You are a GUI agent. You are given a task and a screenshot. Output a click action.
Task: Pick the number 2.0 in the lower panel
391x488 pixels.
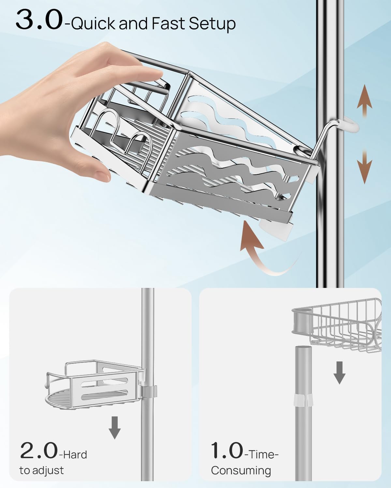click(38, 451)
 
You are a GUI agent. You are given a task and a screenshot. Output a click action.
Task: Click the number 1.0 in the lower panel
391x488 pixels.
click(227, 451)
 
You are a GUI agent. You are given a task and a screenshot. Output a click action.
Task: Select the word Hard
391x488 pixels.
click(75, 454)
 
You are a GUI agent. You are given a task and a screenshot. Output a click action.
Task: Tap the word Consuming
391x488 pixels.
click(241, 470)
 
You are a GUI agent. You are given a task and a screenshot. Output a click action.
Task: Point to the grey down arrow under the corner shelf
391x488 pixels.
click(115, 428)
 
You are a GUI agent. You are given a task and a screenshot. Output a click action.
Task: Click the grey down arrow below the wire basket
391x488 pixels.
click(339, 373)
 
